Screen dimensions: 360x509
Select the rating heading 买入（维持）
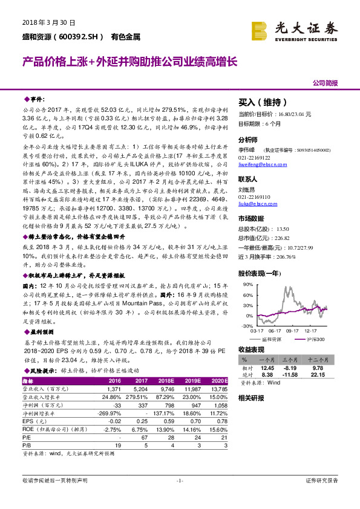point(261,102)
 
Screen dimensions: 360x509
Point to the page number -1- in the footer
point(179,481)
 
